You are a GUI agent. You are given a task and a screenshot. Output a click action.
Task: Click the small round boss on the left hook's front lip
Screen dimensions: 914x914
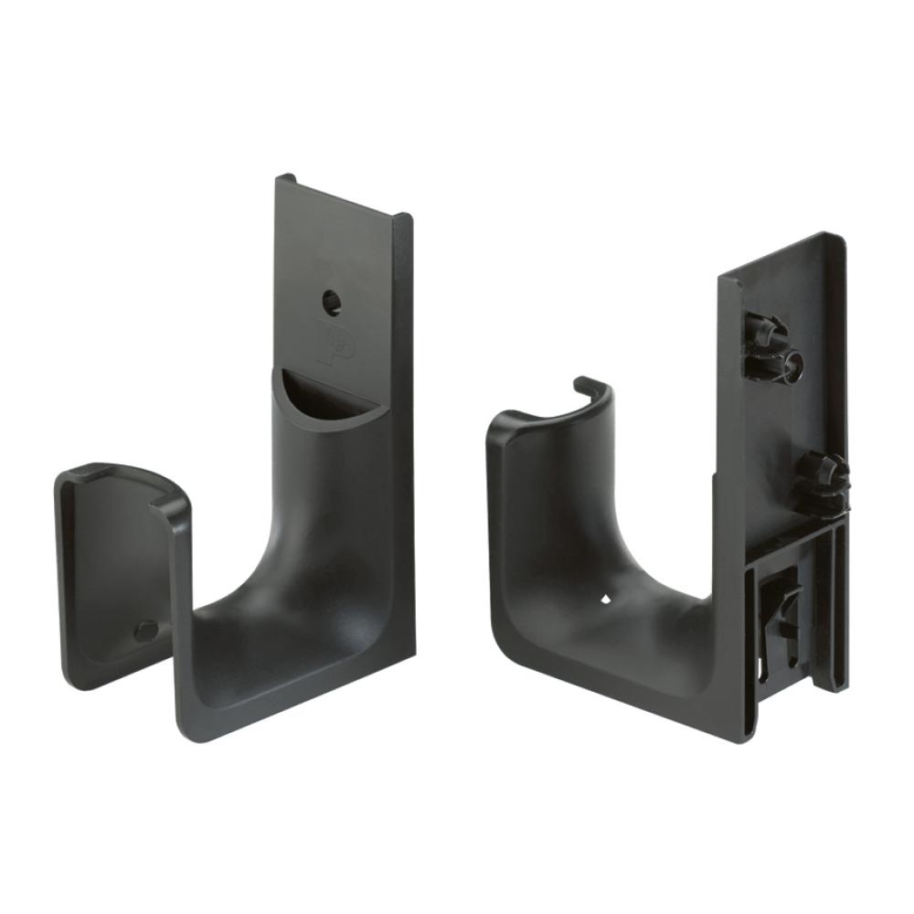(x=144, y=630)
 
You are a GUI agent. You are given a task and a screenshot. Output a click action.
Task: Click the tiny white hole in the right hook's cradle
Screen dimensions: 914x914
(x=605, y=600)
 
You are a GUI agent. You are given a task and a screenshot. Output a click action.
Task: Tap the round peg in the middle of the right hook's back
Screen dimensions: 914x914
(x=818, y=480)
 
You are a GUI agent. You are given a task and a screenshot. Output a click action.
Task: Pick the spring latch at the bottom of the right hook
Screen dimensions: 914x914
(x=782, y=608)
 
